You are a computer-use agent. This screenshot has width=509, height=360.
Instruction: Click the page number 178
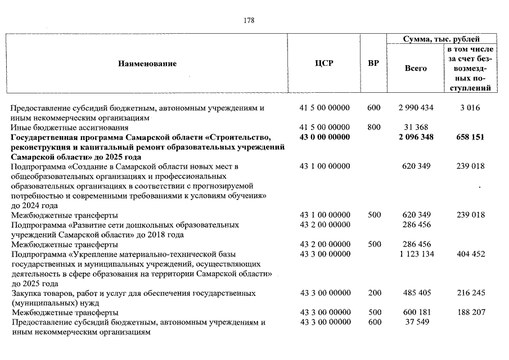pos(249,21)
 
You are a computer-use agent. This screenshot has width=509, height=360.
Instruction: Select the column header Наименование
pos(147,64)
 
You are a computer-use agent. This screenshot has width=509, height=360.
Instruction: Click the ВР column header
pos(373,63)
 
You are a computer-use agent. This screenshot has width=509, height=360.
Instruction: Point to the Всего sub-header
pos(416,68)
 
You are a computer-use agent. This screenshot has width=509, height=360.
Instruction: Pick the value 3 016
pos(471,108)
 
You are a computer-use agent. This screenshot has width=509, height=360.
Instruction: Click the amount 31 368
pos(416,128)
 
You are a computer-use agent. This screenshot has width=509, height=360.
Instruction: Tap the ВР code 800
pos(373,128)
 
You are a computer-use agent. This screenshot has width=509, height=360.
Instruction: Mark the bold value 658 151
pos(471,137)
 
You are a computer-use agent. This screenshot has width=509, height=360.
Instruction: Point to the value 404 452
pos(471,254)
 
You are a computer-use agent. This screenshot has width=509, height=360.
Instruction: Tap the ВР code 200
pos(373,293)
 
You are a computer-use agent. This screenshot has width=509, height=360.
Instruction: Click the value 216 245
pos(471,293)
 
